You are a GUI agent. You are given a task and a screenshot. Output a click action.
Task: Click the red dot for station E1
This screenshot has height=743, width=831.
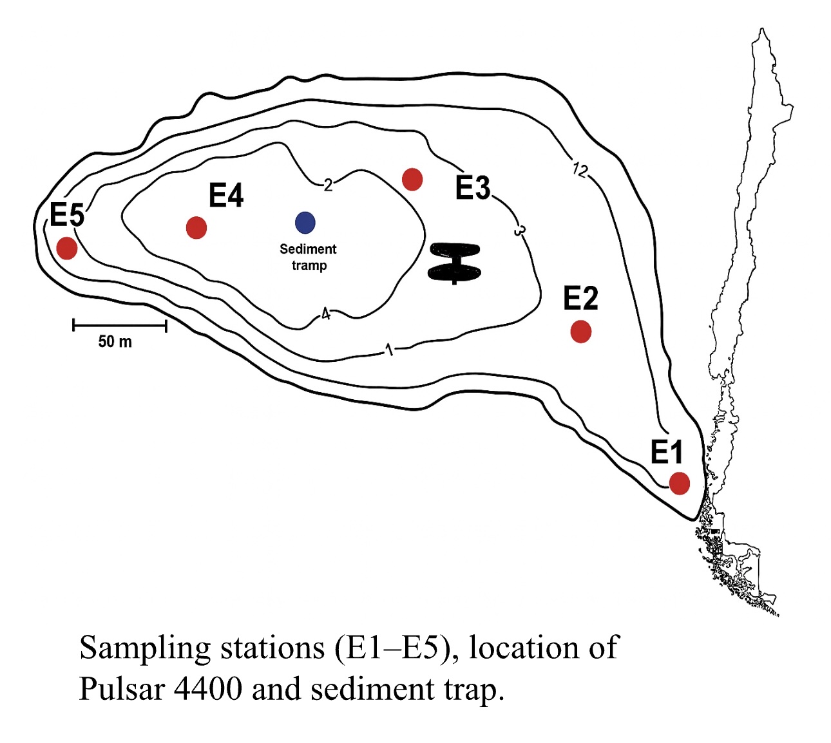pyautogui.click(x=679, y=483)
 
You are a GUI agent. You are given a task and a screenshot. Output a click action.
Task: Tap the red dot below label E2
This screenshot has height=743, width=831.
pyautogui.click(x=580, y=332)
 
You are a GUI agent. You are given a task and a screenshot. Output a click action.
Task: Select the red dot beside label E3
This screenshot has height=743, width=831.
pyautogui.click(x=412, y=179)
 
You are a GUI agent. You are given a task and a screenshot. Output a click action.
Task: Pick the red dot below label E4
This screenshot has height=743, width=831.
pyautogui.click(x=196, y=227)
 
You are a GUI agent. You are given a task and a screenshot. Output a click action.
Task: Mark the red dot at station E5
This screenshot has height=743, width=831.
pyautogui.click(x=67, y=248)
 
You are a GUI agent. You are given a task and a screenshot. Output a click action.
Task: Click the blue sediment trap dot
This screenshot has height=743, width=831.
pyautogui.click(x=305, y=223)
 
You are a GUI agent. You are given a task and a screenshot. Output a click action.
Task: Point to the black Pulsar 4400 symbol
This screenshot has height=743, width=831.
pyautogui.click(x=454, y=263)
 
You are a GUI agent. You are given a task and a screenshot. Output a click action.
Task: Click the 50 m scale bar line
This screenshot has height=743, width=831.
pyautogui.click(x=120, y=326)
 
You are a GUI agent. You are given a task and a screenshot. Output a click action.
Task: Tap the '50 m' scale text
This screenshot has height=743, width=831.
pyautogui.click(x=115, y=342)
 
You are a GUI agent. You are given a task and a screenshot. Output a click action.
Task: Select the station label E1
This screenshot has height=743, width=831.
pyautogui.click(x=666, y=452)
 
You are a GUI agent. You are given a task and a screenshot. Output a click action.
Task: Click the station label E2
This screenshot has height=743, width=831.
pyautogui.click(x=580, y=298)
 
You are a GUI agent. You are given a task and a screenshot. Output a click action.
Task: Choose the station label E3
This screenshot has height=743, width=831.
pyautogui.click(x=473, y=188)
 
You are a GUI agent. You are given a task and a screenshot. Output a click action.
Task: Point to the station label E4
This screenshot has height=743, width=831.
pyautogui.click(x=226, y=196)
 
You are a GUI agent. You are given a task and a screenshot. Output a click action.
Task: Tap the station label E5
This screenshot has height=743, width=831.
pyautogui.click(x=67, y=215)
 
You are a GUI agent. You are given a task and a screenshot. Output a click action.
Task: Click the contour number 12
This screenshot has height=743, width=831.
pyautogui.click(x=580, y=170)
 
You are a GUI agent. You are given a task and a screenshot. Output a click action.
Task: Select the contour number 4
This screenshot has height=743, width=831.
pyautogui.click(x=326, y=314)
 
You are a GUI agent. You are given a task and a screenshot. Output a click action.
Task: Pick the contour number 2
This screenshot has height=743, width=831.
pyautogui.click(x=328, y=185)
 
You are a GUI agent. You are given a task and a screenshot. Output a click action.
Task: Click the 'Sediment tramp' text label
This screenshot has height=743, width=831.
pyautogui.click(x=308, y=257)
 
